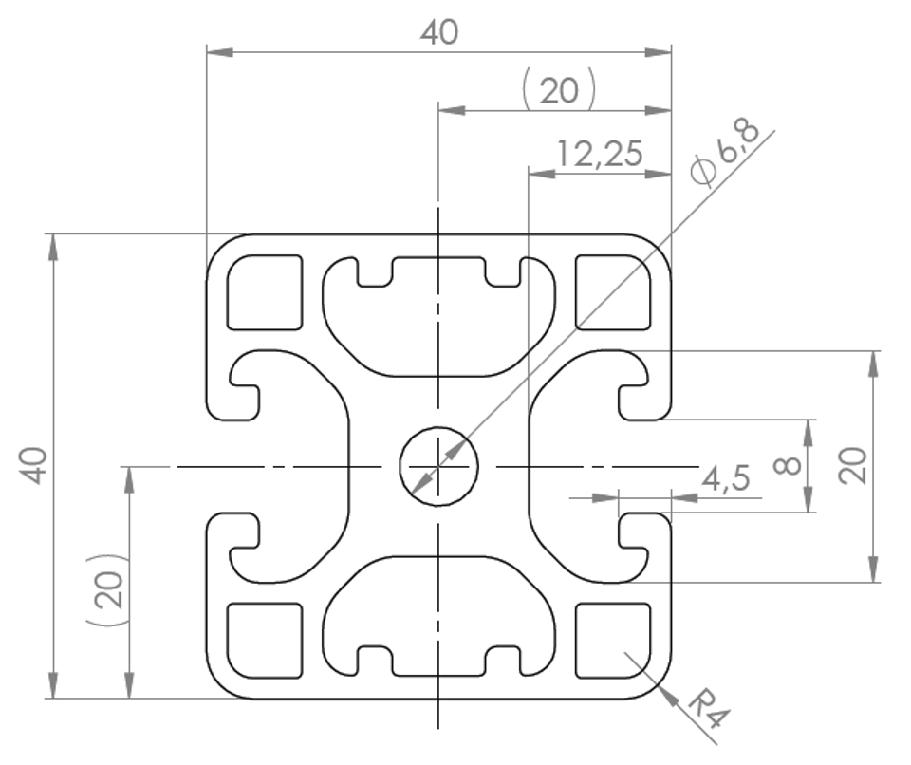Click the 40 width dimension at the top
point(439,32)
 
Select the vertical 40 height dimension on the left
point(35,465)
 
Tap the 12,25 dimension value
point(600,154)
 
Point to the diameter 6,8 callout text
point(724,153)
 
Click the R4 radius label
point(708,709)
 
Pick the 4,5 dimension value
point(726,478)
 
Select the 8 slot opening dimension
point(788,465)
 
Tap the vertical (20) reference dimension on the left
point(107,590)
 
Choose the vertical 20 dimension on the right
point(852,466)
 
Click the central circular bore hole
point(438,466)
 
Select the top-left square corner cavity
point(265,291)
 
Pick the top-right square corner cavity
point(613,291)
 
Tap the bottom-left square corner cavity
point(265,641)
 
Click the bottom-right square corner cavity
point(613,641)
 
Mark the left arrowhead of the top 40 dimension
point(220,52)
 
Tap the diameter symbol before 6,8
point(702,172)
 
